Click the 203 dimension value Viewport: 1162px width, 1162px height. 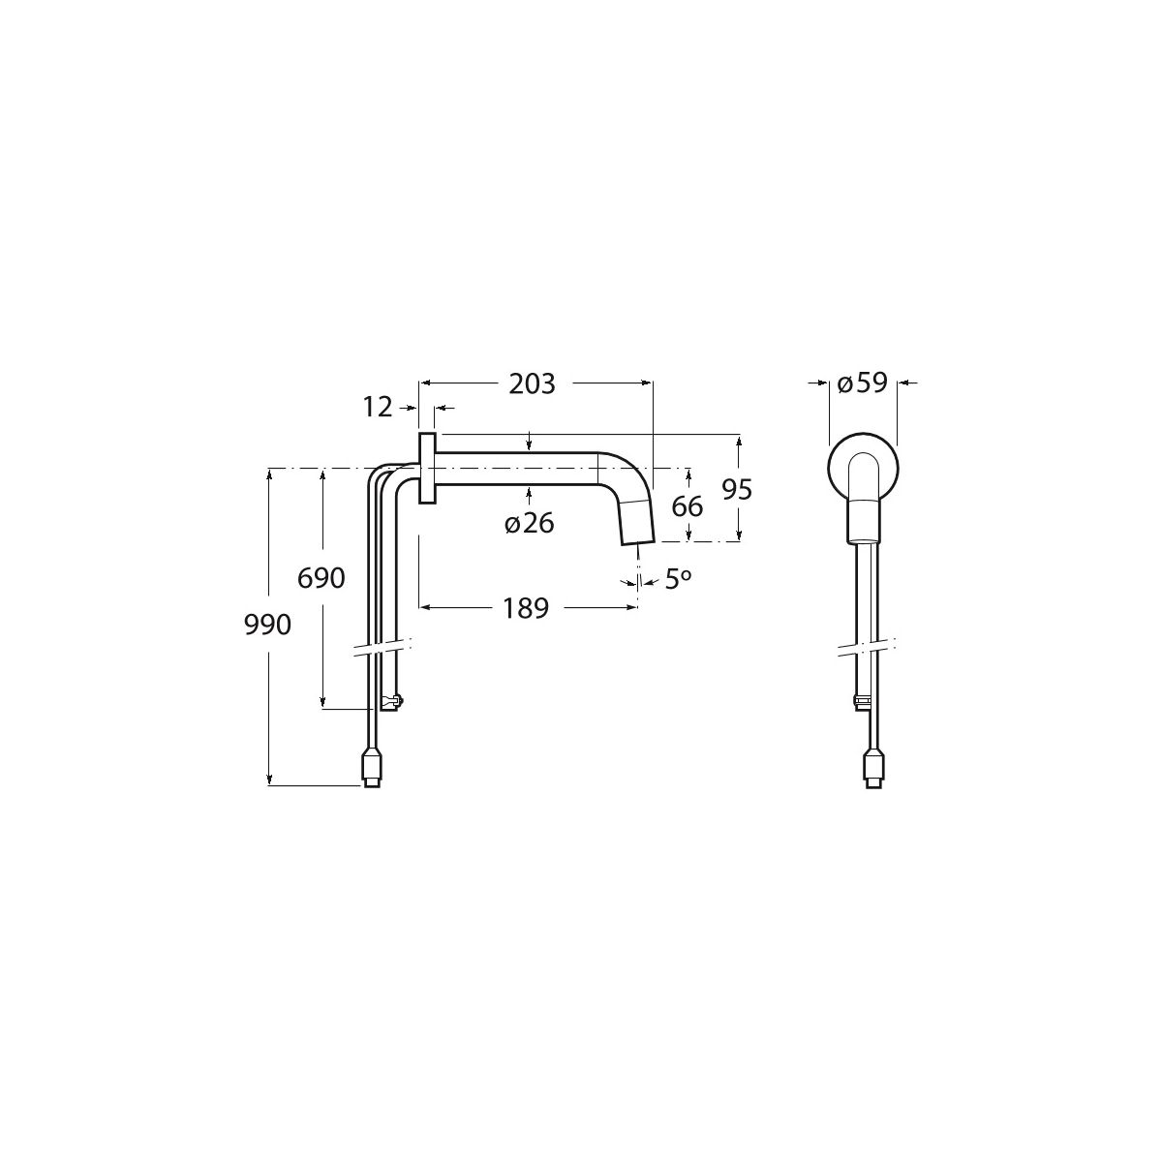(x=532, y=384)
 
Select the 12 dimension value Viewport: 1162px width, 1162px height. (x=378, y=408)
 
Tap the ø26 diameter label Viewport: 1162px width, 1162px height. (x=529, y=524)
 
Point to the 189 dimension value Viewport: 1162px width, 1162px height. (x=526, y=608)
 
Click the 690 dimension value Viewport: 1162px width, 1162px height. (x=321, y=578)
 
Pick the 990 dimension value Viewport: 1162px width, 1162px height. (x=267, y=625)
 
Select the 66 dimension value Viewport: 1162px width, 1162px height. (x=687, y=506)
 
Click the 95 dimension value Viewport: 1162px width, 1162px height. (x=737, y=490)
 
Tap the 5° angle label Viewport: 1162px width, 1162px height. (x=678, y=579)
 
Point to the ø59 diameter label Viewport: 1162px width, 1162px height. (x=863, y=382)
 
